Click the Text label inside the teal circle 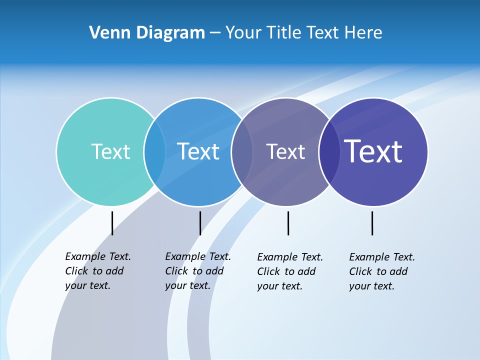[x=110, y=151]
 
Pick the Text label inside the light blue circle [x=198, y=151]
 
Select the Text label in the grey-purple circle [x=285, y=151]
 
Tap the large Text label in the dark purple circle [x=373, y=151]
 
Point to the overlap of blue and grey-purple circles [x=242, y=151]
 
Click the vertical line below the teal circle [x=112, y=223]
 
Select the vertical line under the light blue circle [x=200, y=223]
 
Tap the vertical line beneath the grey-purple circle [x=288, y=223]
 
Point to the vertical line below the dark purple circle [x=372, y=223]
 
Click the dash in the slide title [x=215, y=33]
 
